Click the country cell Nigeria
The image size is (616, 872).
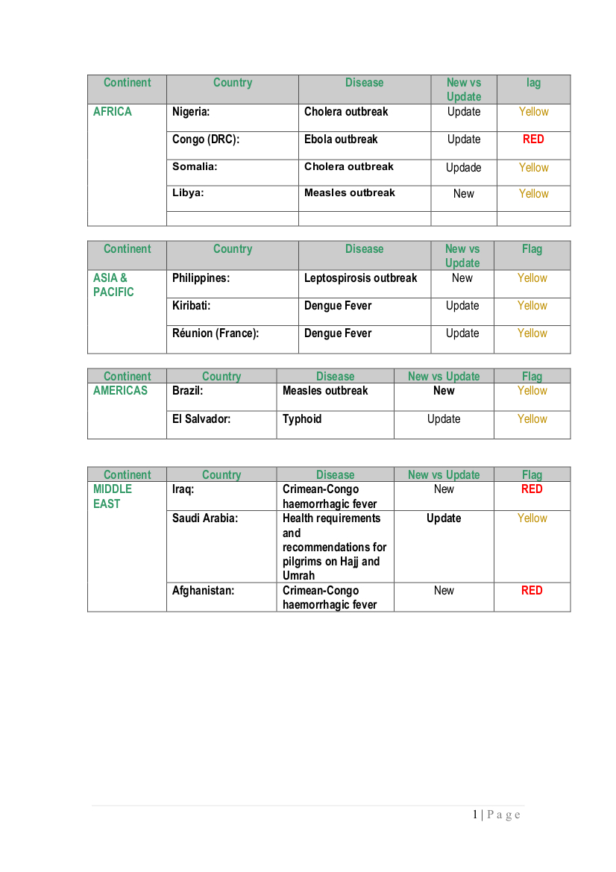click(x=191, y=112)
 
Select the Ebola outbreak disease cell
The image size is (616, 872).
click(x=341, y=139)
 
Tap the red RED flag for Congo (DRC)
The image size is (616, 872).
click(x=533, y=139)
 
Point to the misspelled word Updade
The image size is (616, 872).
click(x=463, y=168)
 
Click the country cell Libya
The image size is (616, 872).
click(x=188, y=193)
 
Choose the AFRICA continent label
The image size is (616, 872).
click(x=113, y=112)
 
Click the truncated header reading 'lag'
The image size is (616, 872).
click(x=533, y=83)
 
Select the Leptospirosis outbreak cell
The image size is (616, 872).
click(x=360, y=278)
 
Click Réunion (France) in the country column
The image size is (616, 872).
click(x=216, y=333)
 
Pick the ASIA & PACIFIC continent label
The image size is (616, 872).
click(x=113, y=285)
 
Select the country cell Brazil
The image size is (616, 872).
click(x=187, y=391)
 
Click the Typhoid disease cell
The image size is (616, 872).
click(x=302, y=419)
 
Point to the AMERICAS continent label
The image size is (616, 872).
click(x=120, y=391)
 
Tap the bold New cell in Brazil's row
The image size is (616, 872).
click(x=444, y=391)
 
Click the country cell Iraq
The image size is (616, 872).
click(x=183, y=489)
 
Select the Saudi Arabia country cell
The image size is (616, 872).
click(x=205, y=518)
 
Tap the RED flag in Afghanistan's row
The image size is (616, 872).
click(x=532, y=591)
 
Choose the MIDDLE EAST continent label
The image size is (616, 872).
click(x=112, y=497)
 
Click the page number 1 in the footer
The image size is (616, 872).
click(x=475, y=815)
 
